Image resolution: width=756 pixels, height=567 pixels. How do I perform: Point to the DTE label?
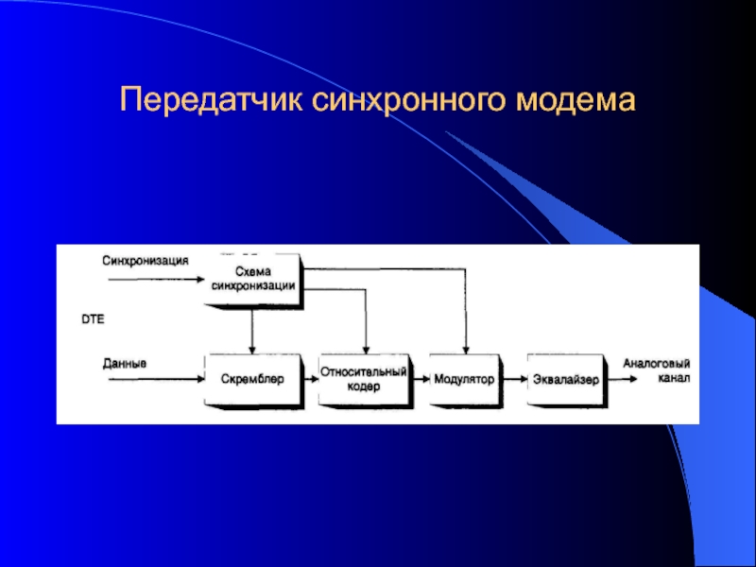(x=92, y=320)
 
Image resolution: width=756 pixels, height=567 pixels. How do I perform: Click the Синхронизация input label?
(x=146, y=260)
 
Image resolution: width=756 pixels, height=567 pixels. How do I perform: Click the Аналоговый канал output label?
(x=656, y=370)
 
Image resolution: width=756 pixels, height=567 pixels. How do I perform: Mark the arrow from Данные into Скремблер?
(x=156, y=379)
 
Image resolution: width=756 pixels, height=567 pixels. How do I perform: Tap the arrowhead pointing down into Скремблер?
(x=251, y=347)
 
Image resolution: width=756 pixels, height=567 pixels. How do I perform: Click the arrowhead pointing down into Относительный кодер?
(x=365, y=347)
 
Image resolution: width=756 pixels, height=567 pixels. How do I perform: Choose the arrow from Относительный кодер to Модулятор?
(x=420, y=379)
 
